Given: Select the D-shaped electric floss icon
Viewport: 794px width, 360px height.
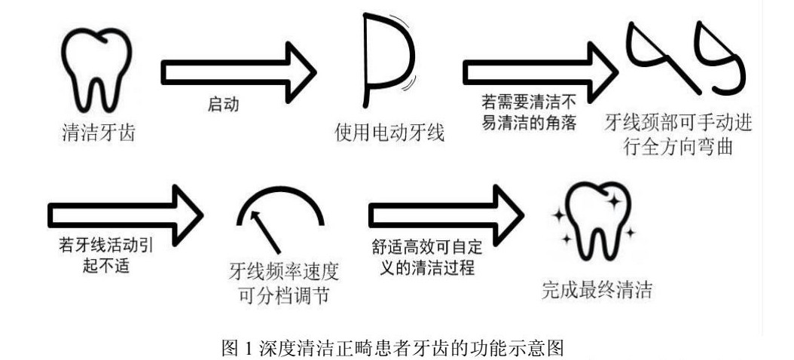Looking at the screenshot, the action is pos(389,60).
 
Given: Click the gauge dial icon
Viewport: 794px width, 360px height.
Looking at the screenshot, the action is pos(280,219).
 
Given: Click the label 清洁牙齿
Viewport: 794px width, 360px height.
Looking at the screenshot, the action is pos(98,133).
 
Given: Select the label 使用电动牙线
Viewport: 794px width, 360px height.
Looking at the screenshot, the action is pos(389,133).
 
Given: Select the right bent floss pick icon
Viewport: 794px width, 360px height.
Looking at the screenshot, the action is pos(719,56).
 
